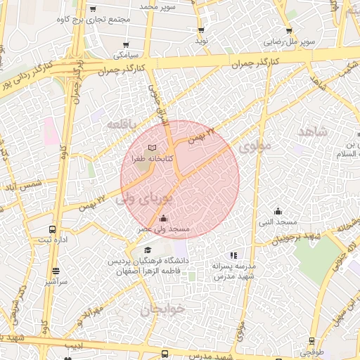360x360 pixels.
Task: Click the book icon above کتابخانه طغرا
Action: pyautogui.click(x=153, y=148)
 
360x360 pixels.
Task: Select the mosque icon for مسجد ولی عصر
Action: pyautogui.click(x=164, y=218)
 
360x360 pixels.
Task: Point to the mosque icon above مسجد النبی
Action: pyautogui.click(x=278, y=210)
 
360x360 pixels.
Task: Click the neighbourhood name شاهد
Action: pyautogui.click(x=312, y=132)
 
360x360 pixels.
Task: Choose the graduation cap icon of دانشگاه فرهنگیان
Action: pyautogui.click(x=148, y=250)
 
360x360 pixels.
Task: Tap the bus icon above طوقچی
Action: pyautogui.click(x=311, y=341)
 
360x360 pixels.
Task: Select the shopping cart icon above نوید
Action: pyautogui.click(x=202, y=30)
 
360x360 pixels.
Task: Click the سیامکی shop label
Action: pyautogui.click(x=127, y=54)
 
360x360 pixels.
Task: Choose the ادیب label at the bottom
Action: pyautogui.click(x=74, y=345)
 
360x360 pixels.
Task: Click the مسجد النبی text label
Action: pyautogui.click(x=278, y=222)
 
